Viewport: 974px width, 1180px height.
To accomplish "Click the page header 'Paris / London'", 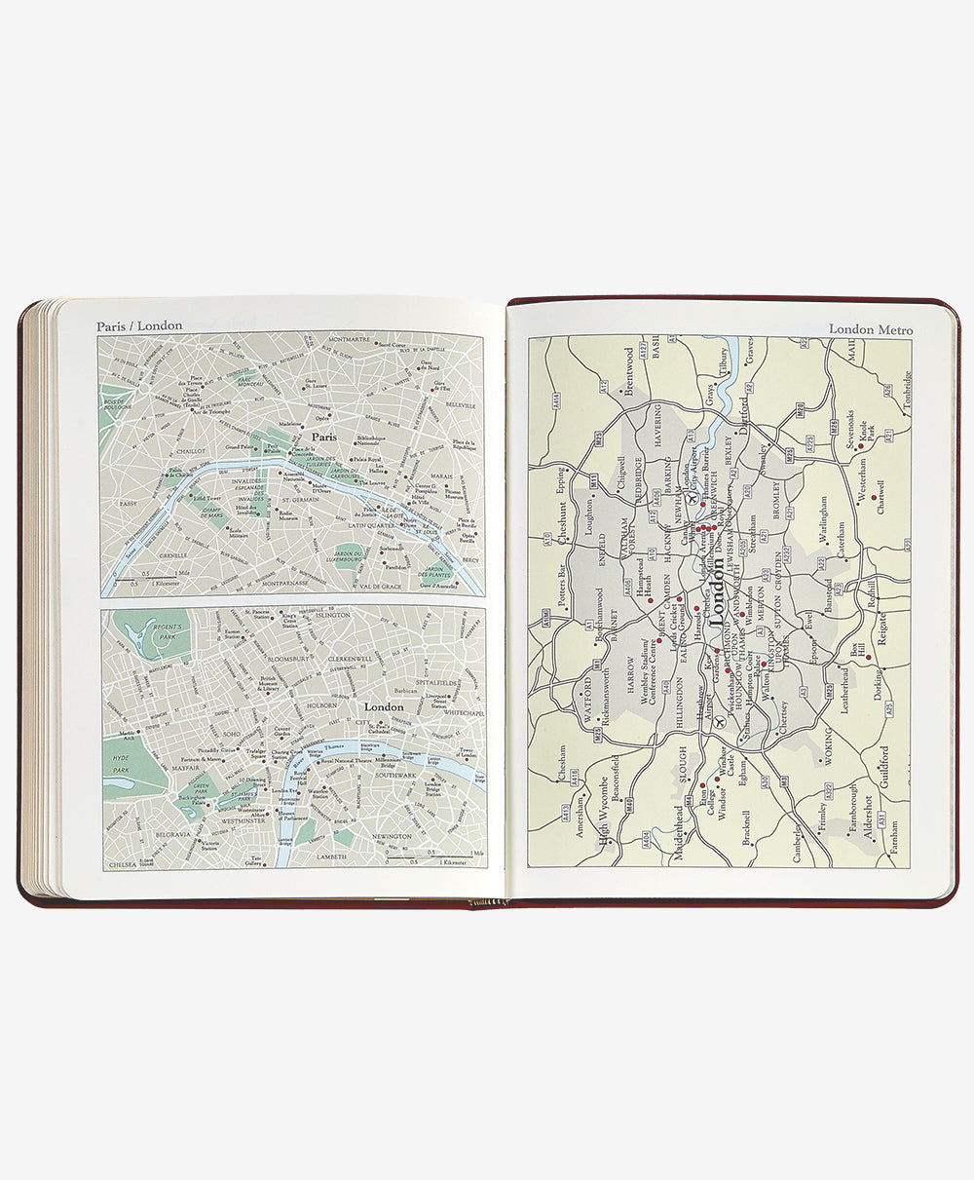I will pyautogui.click(x=139, y=325).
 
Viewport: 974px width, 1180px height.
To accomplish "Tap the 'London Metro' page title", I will pyautogui.click(x=871, y=329).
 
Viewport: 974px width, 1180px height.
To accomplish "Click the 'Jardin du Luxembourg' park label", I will pyautogui.click(x=362, y=556).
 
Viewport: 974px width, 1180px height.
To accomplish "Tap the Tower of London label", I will pyautogui.click(x=468, y=754).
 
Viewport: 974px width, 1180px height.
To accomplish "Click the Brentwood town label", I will pyautogui.click(x=628, y=370).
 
